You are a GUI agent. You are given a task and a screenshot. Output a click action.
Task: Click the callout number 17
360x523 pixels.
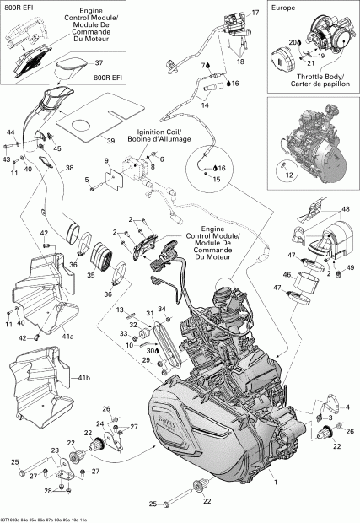click(255, 14)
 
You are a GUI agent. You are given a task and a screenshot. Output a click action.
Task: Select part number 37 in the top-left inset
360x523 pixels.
click(98, 62)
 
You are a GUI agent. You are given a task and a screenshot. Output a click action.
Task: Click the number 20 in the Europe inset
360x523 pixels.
click(293, 41)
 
